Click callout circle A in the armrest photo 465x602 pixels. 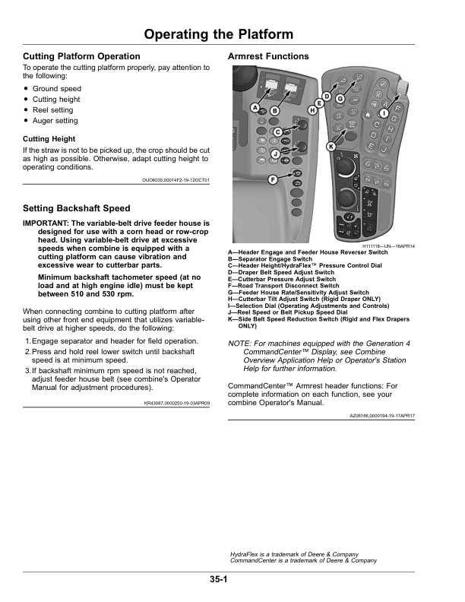pyautogui.click(x=256, y=107)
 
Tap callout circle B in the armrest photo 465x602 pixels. pyautogui.click(x=274, y=111)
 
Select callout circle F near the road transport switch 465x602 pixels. pyautogui.click(x=271, y=179)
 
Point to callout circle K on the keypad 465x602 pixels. pyautogui.click(x=331, y=145)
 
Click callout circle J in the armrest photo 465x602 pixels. pyautogui.click(x=274, y=154)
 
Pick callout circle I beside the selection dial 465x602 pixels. pyautogui.click(x=384, y=114)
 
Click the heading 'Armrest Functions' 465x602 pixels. pyautogui.click(x=268, y=56)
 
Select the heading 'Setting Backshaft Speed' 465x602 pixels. pyautogui.click(x=76, y=208)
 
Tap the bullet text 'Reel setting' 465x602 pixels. pyautogui.click(x=52, y=110)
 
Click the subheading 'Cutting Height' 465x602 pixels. pyautogui.click(x=49, y=139)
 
